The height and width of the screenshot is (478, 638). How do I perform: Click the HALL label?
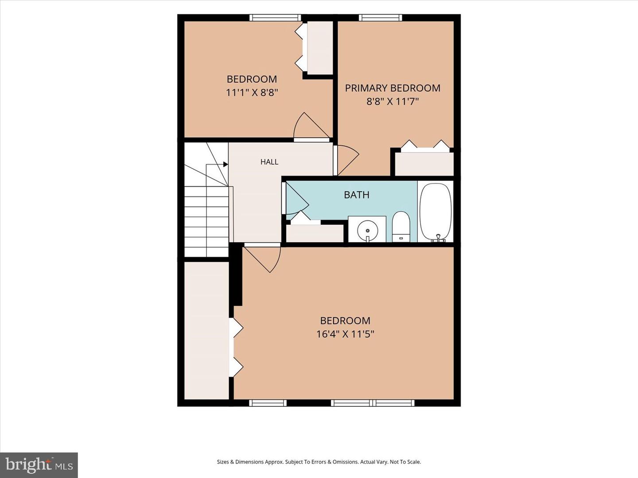pos(269,162)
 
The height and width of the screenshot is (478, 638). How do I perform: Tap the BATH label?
pos(356,195)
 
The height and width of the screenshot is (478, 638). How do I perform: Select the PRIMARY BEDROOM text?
pos(393,88)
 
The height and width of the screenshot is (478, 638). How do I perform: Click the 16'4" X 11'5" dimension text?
pos(345,334)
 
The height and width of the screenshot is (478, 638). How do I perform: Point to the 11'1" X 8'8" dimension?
pos(252,93)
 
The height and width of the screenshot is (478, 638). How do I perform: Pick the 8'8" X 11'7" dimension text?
pos(393,102)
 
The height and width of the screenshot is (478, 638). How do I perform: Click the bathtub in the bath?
pos(436,212)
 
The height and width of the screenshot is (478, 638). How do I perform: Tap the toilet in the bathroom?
pos(401,227)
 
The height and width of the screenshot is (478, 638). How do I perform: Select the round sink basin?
pos(368,231)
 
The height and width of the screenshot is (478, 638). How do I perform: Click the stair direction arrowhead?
pos(225,164)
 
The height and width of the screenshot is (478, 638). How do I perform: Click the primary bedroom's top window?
pos(381,18)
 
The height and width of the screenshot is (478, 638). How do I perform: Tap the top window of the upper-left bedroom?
pos(275,18)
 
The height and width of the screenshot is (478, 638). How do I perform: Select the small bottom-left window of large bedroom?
pos(268,403)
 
